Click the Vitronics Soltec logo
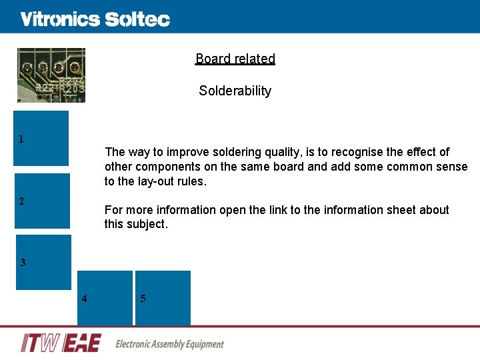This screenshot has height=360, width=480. coord(95,19)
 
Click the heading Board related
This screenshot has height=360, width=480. coord(235,59)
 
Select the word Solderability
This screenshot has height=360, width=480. coord(235,91)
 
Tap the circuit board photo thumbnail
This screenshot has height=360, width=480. coord(51,75)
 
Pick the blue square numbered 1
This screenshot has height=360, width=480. coord(42,138)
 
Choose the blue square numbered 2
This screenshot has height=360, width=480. coord(43,201)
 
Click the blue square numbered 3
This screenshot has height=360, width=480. coord(43,262)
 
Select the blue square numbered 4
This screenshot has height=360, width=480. coord(105,298)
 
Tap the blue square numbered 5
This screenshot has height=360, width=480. coord(163,298)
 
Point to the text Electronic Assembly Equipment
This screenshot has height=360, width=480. coord(169,344)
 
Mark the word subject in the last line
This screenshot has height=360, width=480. coord(147,225)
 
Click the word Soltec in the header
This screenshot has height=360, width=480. coord(137,19)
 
